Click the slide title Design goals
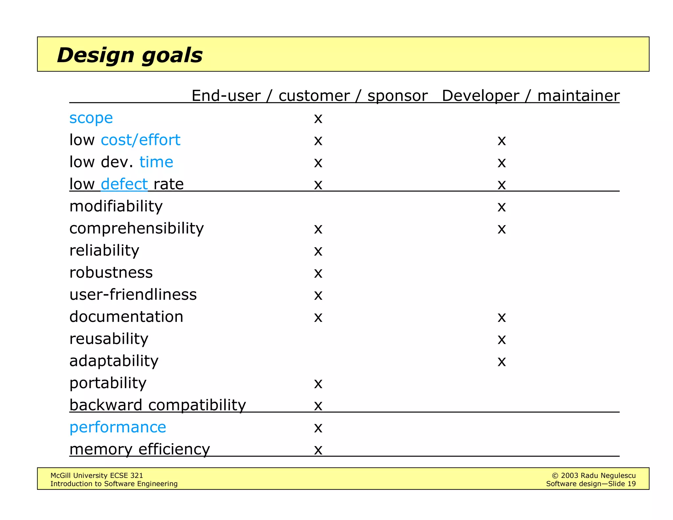pos(130,55)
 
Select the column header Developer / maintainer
pos(530,96)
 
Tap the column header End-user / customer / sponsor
pos(309,96)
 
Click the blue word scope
pos(91,118)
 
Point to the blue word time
pos(156,162)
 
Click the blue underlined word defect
pos(124,184)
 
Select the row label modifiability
pos(116,206)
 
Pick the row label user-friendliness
pos(133,295)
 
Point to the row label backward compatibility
pos(158,405)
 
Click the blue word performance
pos(118,427)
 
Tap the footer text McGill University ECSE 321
pos(97,475)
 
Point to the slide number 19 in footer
pos(631,484)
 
